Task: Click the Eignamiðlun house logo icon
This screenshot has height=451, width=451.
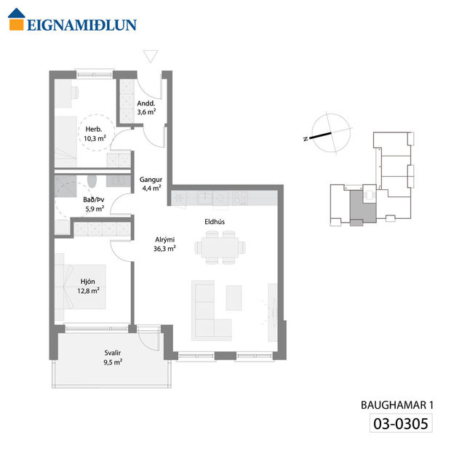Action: [16, 23]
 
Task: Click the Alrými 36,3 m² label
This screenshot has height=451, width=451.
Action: [164, 243]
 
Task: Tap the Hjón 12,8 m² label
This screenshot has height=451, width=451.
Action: [89, 284]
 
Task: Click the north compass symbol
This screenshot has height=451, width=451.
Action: [324, 132]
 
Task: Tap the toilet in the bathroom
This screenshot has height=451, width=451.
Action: [90, 181]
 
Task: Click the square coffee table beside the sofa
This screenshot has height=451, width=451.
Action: [234, 296]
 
